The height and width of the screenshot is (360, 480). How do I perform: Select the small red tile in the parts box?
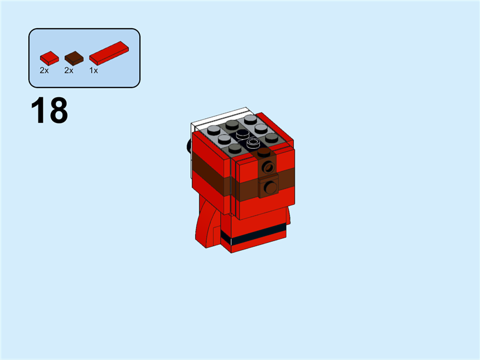tap(49, 58)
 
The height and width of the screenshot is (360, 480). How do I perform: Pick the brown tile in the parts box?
tap(73, 58)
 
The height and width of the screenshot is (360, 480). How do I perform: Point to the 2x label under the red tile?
tap(44, 70)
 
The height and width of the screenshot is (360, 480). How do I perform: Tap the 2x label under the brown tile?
tap(68, 70)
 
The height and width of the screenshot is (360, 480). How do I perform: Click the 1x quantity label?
tap(94, 70)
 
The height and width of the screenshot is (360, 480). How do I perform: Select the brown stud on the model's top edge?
tap(264, 152)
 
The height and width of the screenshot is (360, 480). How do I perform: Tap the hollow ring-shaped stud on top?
tap(253, 143)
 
